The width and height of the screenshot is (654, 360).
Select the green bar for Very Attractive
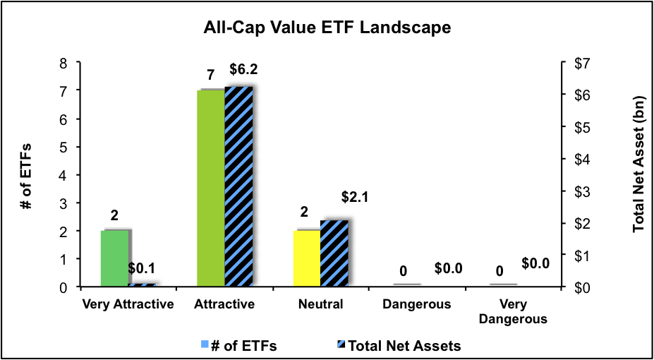pyautogui.click(x=114, y=258)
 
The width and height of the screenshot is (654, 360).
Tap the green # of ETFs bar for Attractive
pyautogui.click(x=210, y=188)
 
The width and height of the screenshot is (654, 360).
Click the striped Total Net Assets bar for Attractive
pyautogui.click(x=238, y=187)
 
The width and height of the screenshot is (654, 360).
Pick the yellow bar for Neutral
pyautogui.click(x=306, y=258)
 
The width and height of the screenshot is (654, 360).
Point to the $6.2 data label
pyautogui.click(x=243, y=71)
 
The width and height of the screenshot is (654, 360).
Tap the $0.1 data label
pyautogui.click(x=142, y=268)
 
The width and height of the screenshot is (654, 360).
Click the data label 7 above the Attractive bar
pyautogui.click(x=210, y=74)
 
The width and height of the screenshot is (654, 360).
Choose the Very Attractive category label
pyautogui.click(x=128, y=305)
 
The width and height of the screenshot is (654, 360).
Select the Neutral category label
pyautogui.click(x=320, y=305)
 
